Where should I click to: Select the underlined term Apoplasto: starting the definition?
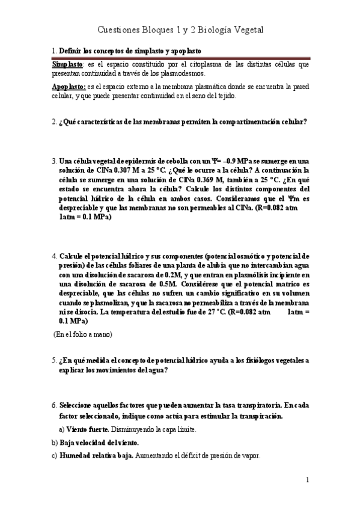[69, 87]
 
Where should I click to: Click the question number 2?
[53, 121]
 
